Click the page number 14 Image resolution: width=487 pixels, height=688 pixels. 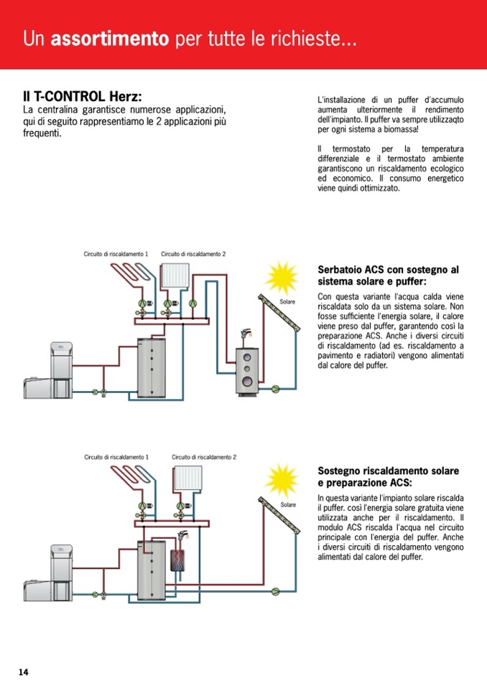24,671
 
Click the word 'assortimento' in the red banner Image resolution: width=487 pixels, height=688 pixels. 110,39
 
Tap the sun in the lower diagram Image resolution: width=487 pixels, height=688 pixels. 281,479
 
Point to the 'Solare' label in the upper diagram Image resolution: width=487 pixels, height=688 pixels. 287,302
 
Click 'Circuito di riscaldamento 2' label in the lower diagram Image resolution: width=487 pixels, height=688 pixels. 204,457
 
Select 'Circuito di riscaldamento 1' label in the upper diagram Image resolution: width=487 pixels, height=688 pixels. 116,254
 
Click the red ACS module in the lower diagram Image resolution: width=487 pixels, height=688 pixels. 177,560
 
